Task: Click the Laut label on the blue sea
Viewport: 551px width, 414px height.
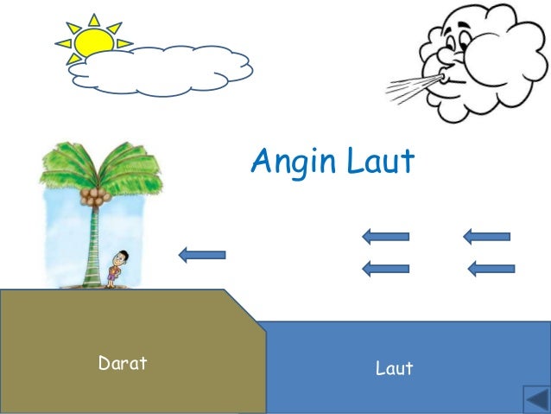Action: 394,369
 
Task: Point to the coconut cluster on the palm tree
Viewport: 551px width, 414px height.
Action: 94,195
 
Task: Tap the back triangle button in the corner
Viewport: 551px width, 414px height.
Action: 536,400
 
